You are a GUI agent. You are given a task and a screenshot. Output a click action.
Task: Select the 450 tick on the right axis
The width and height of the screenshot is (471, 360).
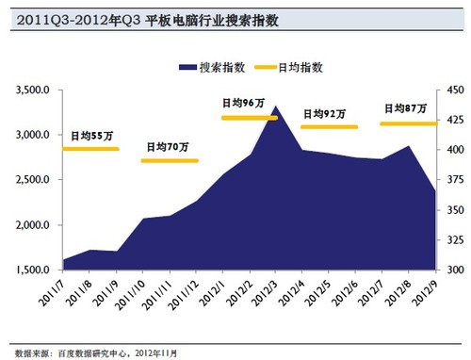pos(450,90)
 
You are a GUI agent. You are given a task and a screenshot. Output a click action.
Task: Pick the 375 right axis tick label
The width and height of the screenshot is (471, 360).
pos(450,180)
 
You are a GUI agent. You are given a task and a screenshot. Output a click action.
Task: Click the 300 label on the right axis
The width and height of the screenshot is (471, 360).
pos(450,270)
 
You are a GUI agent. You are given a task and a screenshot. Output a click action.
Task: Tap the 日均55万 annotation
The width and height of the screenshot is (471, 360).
pos(91,137)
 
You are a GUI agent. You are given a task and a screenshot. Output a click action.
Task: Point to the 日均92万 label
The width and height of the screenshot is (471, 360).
pos(324,113)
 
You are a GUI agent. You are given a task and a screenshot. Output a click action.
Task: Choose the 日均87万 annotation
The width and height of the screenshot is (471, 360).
pos(404,108)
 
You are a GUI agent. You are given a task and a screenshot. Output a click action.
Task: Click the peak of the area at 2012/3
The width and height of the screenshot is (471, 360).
pos(275,107)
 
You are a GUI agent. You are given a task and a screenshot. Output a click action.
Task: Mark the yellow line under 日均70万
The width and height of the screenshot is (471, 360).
pos(170,160)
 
